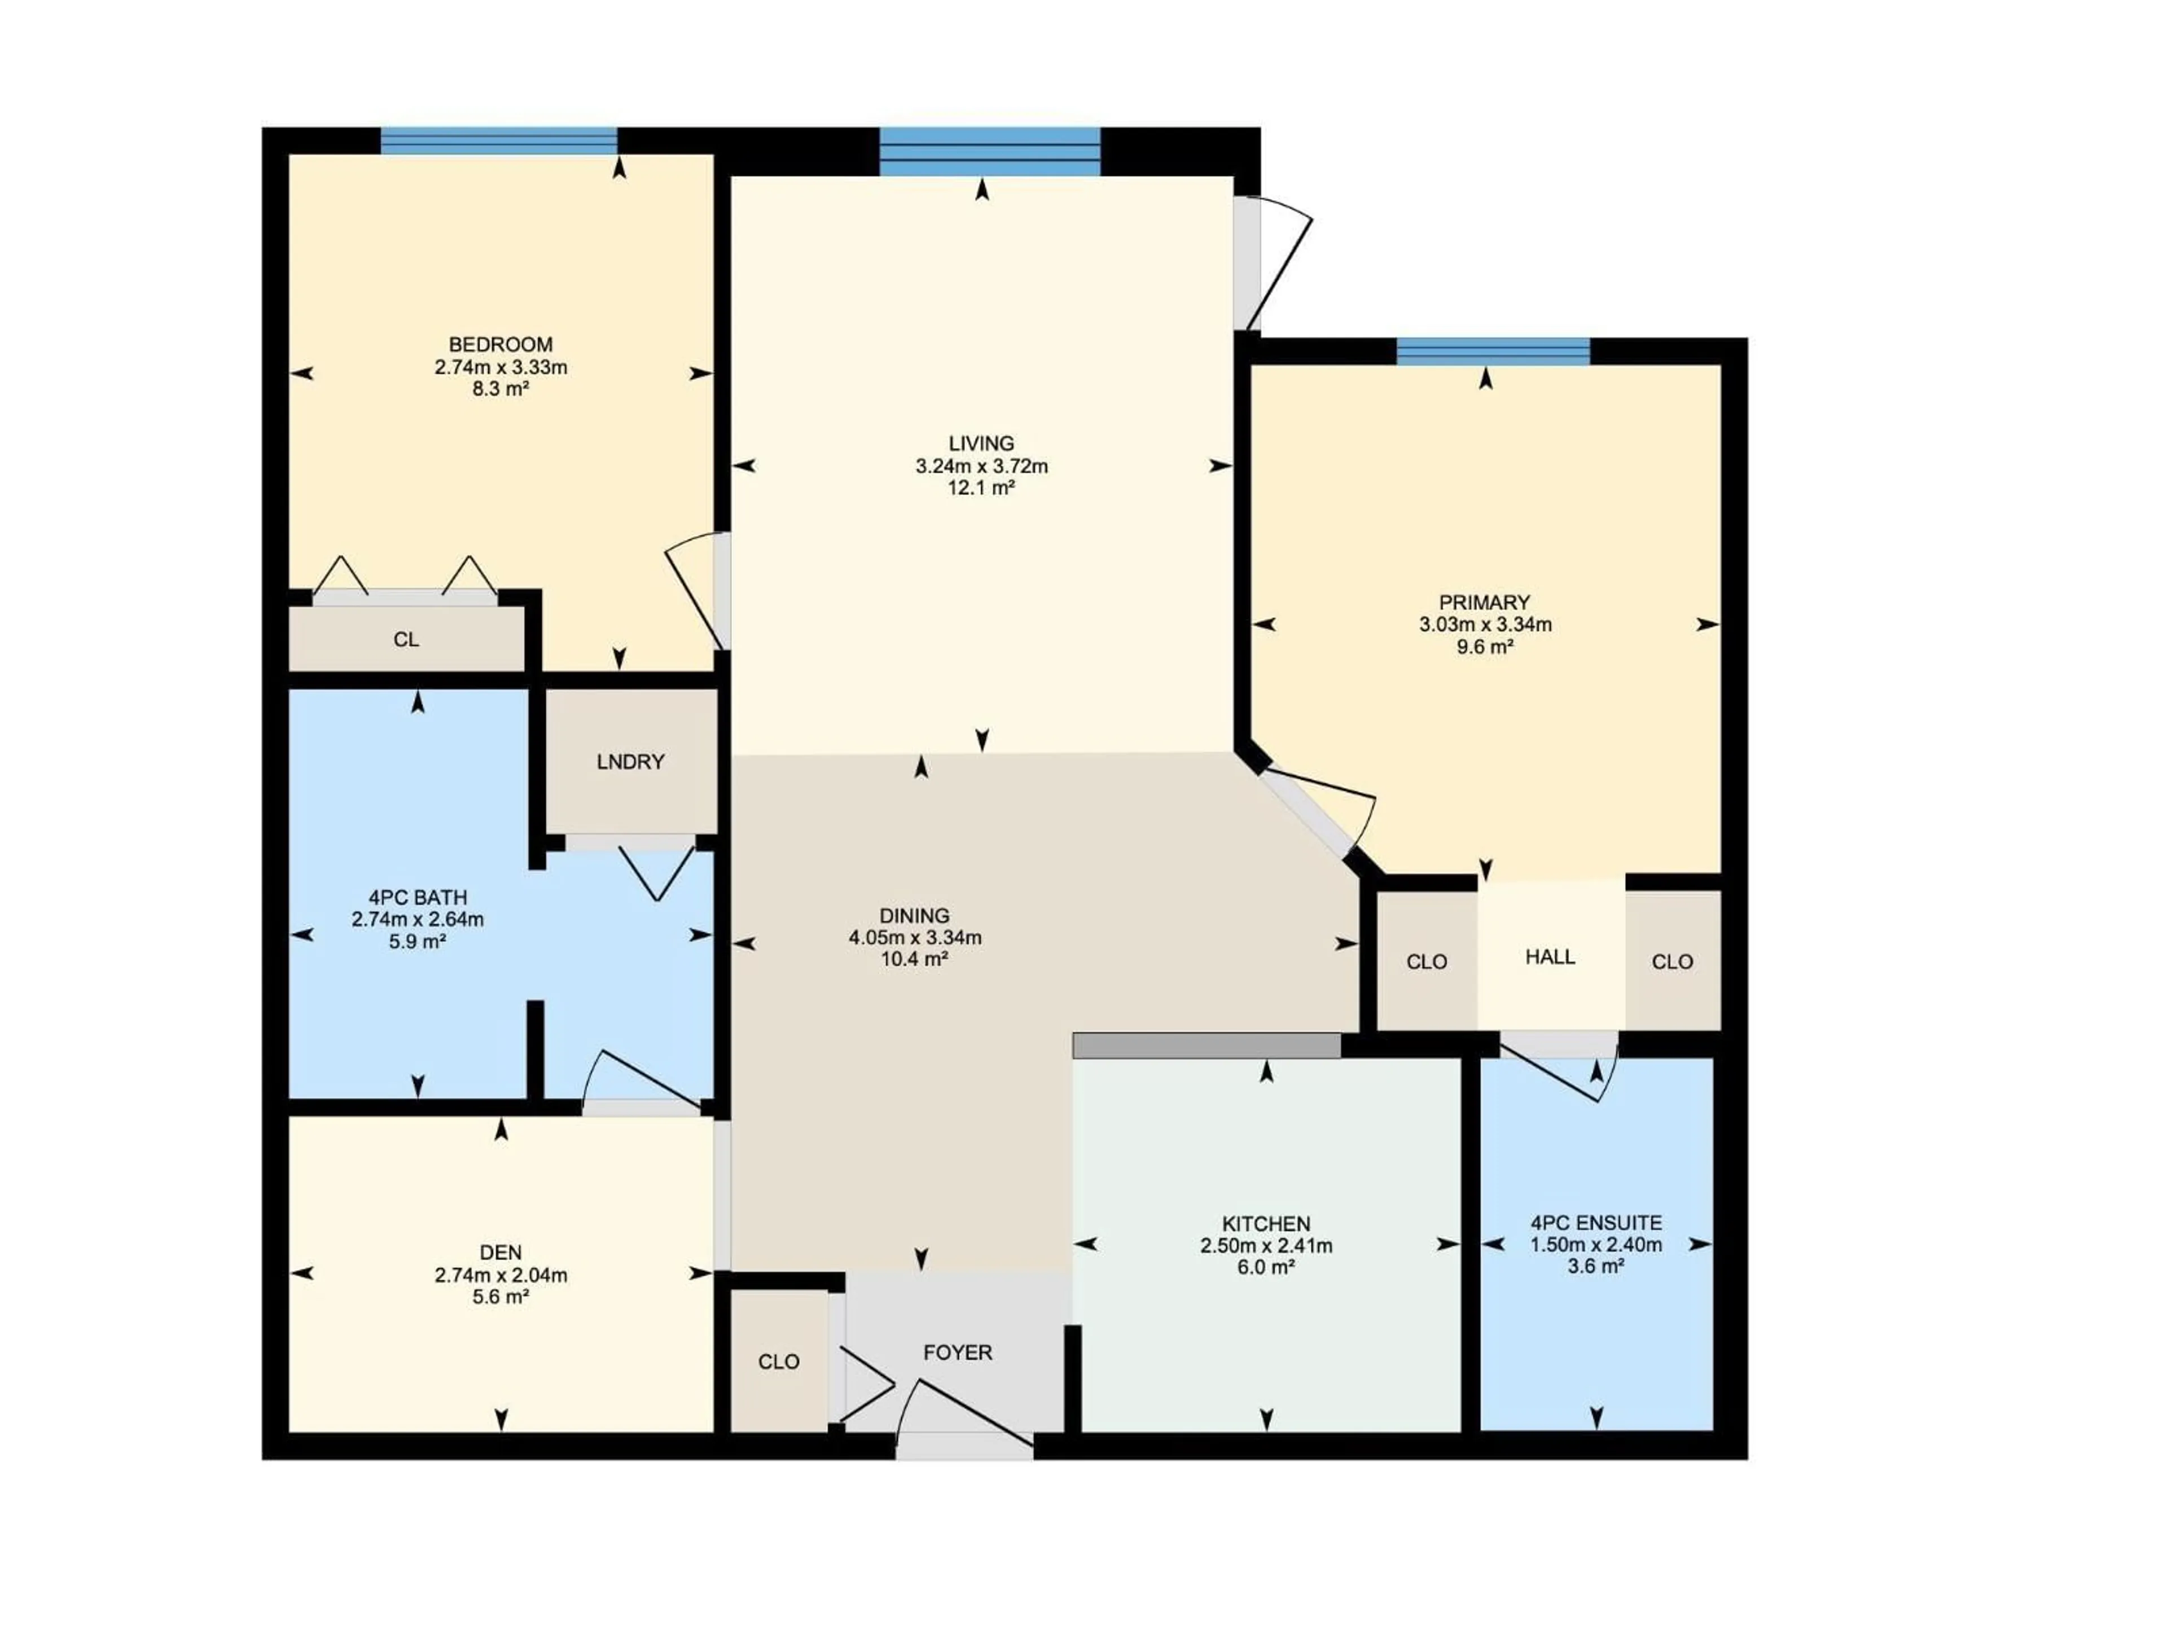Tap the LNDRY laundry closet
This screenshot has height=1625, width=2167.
tap(630, 761)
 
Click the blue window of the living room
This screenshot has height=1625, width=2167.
tap(989, 152)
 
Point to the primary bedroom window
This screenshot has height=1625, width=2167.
tap(1492, 352)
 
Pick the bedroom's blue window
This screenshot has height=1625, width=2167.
tap(499, 141)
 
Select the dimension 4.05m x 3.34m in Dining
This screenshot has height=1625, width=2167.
tap(914, 937)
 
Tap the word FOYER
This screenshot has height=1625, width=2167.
tap(957, 1352)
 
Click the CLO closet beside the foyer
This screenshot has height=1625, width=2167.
tap(779, 1362)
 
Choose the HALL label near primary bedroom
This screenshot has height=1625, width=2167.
tap(1550, 957)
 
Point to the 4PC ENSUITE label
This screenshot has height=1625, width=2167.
tap(1596, 1223)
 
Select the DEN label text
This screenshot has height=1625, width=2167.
tap(501, 1252)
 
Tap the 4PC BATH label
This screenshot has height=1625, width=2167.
tap(418, 897)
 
